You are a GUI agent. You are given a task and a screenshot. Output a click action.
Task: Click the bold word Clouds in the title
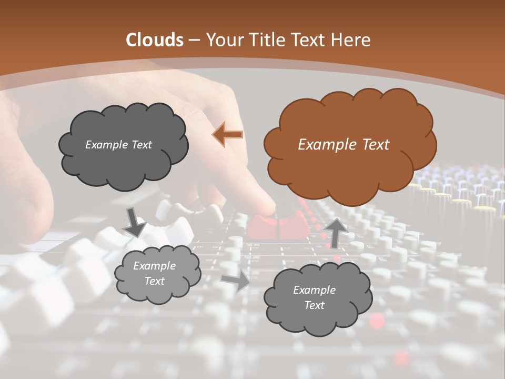click(155, 40)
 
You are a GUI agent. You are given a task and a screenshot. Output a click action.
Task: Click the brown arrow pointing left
click(227, 135)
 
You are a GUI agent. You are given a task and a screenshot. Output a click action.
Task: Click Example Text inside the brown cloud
click(344, 145)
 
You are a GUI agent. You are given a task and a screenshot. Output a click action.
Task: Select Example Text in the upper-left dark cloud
click(118, 145)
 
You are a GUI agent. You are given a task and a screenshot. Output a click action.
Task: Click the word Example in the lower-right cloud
click(314, 290)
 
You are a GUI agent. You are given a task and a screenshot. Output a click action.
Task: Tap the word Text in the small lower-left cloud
click(154, 281)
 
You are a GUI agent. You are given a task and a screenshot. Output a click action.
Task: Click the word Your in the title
click(220, 40)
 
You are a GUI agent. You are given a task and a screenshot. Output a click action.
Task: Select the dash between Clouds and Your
click(194, 40)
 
